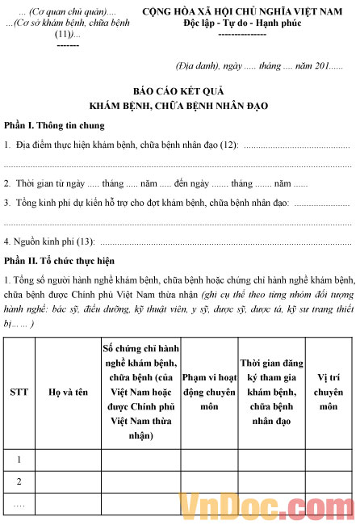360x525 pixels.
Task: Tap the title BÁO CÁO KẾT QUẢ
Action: coord(179,91)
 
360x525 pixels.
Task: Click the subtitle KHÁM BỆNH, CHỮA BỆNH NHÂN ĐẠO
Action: coord(179,106)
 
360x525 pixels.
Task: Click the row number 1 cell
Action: coord(19,460)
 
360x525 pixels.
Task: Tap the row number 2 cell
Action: coord(19,481)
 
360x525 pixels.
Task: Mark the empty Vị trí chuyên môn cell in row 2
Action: coord(328,481)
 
